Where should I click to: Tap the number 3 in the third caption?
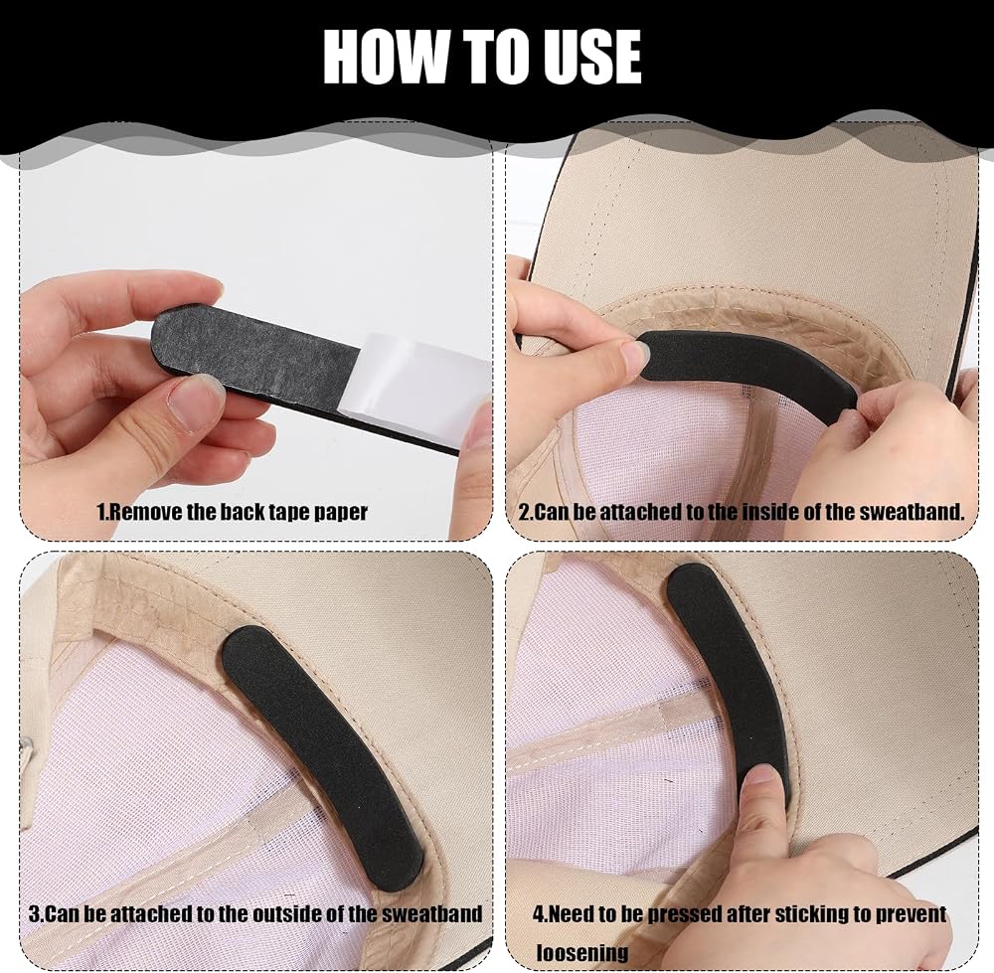point(34,914)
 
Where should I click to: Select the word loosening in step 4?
point(581,952)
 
